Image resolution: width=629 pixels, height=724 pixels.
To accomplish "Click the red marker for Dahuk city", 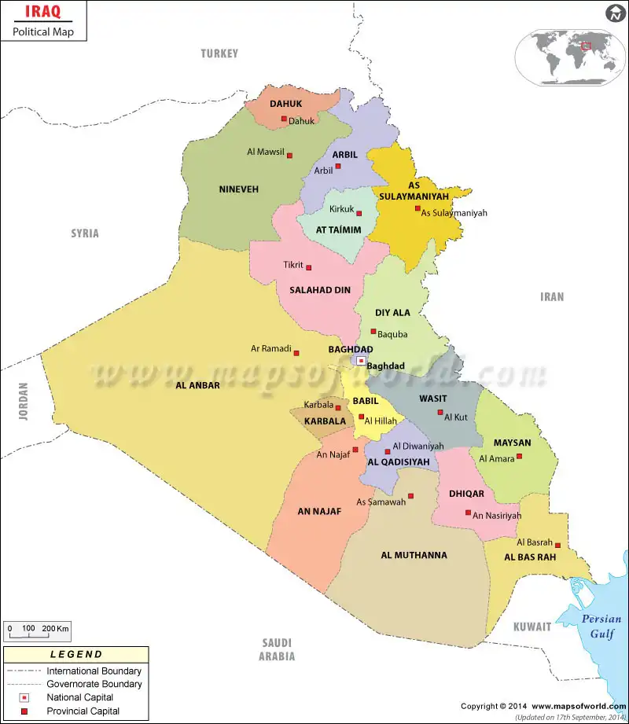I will tap(284, 119).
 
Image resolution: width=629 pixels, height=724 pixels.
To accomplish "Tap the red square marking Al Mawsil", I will tap(289, 156).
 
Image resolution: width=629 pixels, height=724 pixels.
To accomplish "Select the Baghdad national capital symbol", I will tap(361, 361).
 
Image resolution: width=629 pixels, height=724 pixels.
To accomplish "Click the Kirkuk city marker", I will tap(359, 213).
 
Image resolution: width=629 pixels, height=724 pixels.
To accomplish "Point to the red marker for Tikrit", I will tap(309, 267).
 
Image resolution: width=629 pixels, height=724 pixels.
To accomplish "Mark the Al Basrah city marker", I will tap(557, 545).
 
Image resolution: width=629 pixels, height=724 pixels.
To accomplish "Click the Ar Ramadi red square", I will tap(296, 353).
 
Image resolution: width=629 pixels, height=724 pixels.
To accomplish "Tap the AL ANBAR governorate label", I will tap(197, 385).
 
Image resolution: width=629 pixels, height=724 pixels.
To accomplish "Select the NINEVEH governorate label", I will tap(238, 189).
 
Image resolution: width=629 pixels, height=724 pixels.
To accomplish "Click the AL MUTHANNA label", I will tap(414, 555).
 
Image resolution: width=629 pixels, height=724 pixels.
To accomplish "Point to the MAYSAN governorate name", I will tap(512, 443).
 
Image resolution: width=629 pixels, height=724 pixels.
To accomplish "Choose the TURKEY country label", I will tap(219, 53).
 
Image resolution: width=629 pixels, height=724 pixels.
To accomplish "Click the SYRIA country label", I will tap(85, 233).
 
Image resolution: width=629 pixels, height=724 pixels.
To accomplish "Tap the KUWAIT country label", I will tap(532, 627).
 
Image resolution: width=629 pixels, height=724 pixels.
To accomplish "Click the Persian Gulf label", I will tap(601, 627).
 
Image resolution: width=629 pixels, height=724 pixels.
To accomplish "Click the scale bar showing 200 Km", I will tap(37, 630).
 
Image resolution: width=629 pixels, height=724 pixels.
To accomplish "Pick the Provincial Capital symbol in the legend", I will tap(25, 711).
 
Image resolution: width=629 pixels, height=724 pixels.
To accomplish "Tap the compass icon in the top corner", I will tap(614, 13).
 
